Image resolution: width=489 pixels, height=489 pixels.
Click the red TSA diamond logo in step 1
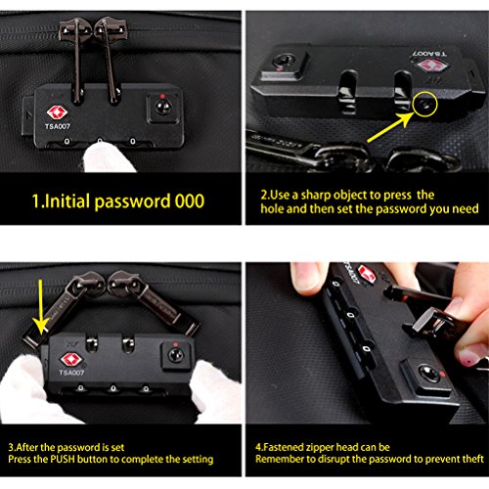pyautogui.click(x=57, y=112)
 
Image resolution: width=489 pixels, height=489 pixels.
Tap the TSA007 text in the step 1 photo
pyautogui.click(x=58, y=126)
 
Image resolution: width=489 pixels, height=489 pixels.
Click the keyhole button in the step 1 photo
pyautogui.click(x=163, y=108)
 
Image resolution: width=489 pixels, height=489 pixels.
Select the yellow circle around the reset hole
pyautogui.click(x=424, y=104)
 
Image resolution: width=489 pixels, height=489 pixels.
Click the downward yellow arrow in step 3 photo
pyautogui.click(x=40, y=307)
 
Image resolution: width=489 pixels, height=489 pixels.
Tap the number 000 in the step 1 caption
pyautogui.click(x=190, y=200)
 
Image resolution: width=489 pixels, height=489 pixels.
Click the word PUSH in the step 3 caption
pyautogui.click(x=63, y=459)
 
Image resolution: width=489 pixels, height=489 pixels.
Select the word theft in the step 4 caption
pyautogui.click(x=471, y=459)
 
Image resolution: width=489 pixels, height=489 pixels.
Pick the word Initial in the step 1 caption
pyautogui.click(x=66, y=200)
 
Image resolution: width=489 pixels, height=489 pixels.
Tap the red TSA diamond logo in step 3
pyautogui.click(x=70, y=359)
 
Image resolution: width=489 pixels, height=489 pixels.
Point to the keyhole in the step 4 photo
pyautogui.click(x=429, y=374)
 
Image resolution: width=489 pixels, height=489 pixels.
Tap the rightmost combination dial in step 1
pyautogui.click(x=133, y=142)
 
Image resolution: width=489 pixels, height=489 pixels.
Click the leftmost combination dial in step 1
pyautogui.click(x=67, y=142)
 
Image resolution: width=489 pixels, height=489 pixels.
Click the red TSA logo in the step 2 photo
pyautogui.click(x=431, y=65)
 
